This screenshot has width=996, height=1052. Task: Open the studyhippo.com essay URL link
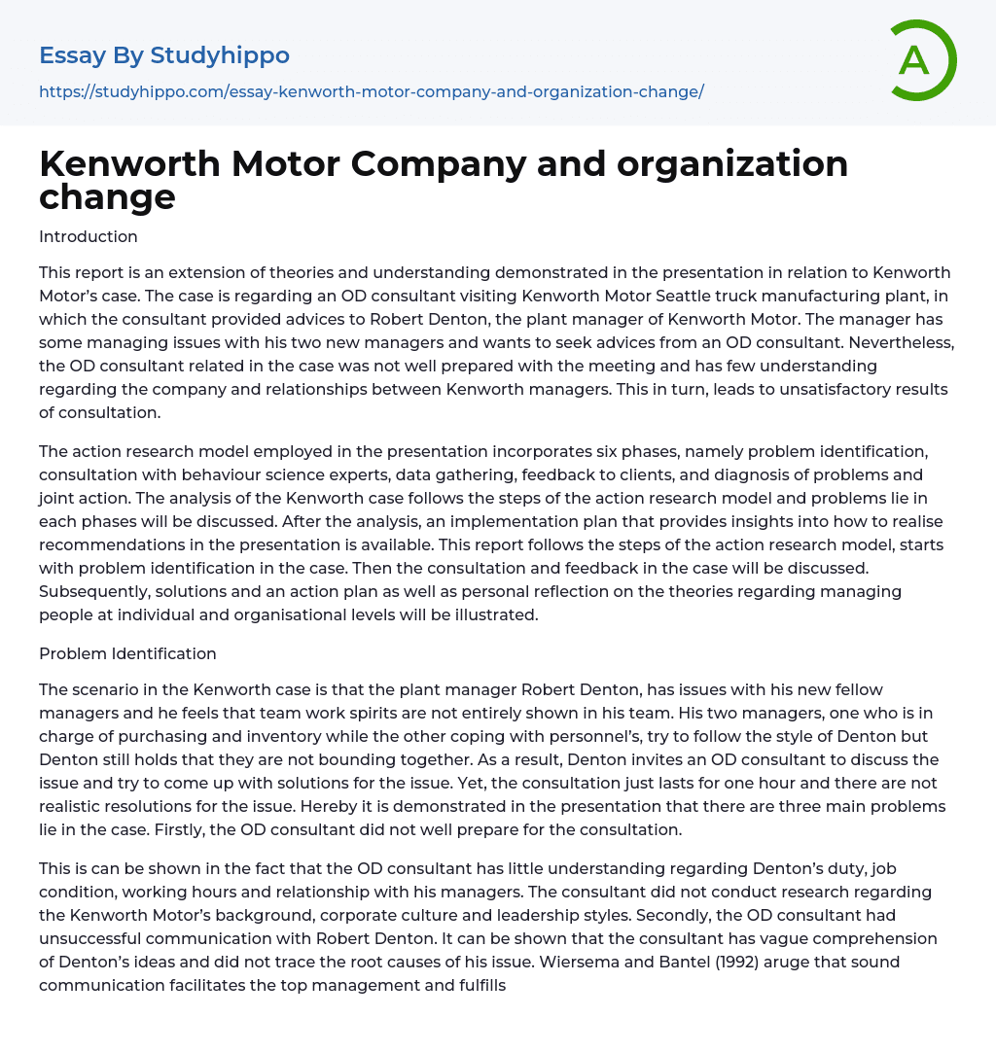pos(371,91)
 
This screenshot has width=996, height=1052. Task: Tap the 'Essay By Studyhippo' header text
pos(164,55)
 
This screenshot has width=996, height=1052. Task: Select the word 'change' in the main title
pos(107,196)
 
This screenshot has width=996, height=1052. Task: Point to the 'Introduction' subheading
pos(89,236)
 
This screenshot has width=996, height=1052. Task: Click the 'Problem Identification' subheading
pos(127,653)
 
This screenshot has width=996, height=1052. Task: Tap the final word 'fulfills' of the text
pos(477,985)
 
